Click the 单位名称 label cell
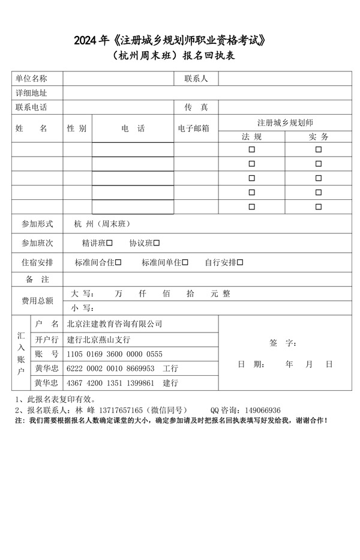click(31, 79)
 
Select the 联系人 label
click(196, 79)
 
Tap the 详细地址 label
click(31, 93)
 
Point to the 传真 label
click(196, 107)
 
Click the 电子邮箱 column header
click(193, 128)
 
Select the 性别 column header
click(77, 128)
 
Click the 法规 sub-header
click(251, 137)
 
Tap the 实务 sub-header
click(319, 137)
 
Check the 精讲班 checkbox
click(110, 243)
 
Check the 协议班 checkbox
click(157, 243)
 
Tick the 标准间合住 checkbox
click(118, 262)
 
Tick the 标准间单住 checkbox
click(185, 262)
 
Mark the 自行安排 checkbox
click(240, 262)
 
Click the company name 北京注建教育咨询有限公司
click(115, 324)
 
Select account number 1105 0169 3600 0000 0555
click(115, 354)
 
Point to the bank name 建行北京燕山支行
click(99, 339)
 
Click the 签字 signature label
click(283, 343)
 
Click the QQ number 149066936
click(263, 410)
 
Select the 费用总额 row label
click(37, 301)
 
